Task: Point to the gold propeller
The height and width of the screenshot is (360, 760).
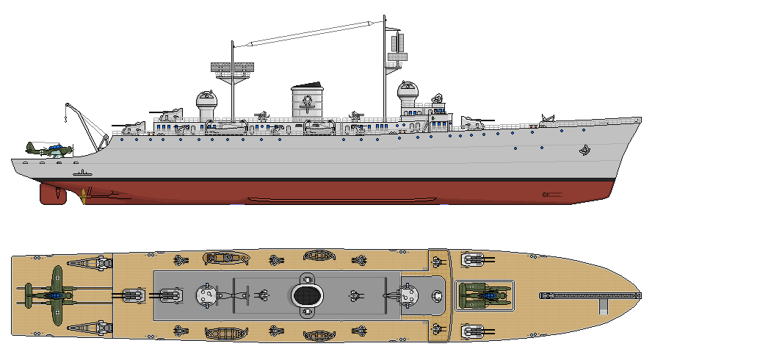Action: coord(86,195)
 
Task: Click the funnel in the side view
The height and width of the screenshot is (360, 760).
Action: coord(307,102)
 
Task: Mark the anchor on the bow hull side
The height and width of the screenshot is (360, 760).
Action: coord(585,152)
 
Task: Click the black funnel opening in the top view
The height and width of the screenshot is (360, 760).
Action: coord(308,295)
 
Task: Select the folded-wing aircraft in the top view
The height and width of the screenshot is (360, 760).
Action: coord(484,295)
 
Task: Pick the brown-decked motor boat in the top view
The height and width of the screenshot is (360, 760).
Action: coord(226,258)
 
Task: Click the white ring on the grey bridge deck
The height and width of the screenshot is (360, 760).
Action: coord(438,296)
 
